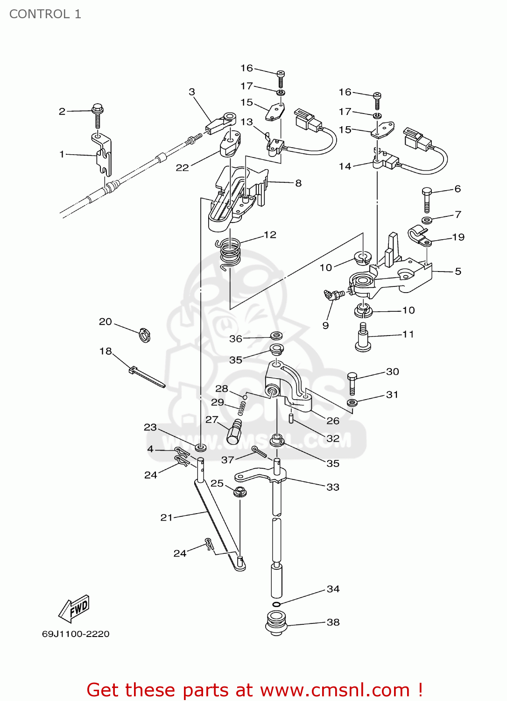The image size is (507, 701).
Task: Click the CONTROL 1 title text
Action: [45, 14]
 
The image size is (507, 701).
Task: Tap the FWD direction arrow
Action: [74, 608]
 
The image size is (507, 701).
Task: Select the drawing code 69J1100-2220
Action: [76, 634]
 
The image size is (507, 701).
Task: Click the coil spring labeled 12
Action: [230, 253]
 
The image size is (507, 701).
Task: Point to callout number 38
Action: [333, 622]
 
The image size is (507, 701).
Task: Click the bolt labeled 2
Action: [98, 114]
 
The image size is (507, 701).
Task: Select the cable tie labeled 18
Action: [146, 377]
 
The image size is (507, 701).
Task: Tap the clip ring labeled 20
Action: [145, 335]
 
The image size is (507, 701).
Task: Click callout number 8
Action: [298, 183]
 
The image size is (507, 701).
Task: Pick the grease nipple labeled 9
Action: [334, 294]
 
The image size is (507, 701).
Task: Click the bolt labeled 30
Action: [352, 383]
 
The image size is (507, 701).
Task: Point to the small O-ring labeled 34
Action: [276, 604]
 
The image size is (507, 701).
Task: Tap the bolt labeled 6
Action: [427, 200]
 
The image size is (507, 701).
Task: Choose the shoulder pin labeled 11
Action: [363, 337]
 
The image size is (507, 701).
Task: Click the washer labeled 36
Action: [276, 336]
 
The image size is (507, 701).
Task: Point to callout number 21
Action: [166, 517]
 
